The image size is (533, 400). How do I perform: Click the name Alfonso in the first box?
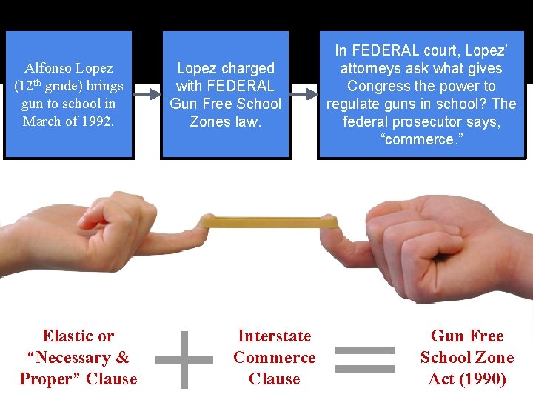49,68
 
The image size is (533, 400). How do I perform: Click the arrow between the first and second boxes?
147,94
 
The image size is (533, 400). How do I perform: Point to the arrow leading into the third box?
304,94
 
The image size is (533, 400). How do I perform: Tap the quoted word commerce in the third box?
421,139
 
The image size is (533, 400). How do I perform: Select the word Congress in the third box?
377,86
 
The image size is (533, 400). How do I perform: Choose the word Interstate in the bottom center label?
274,336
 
